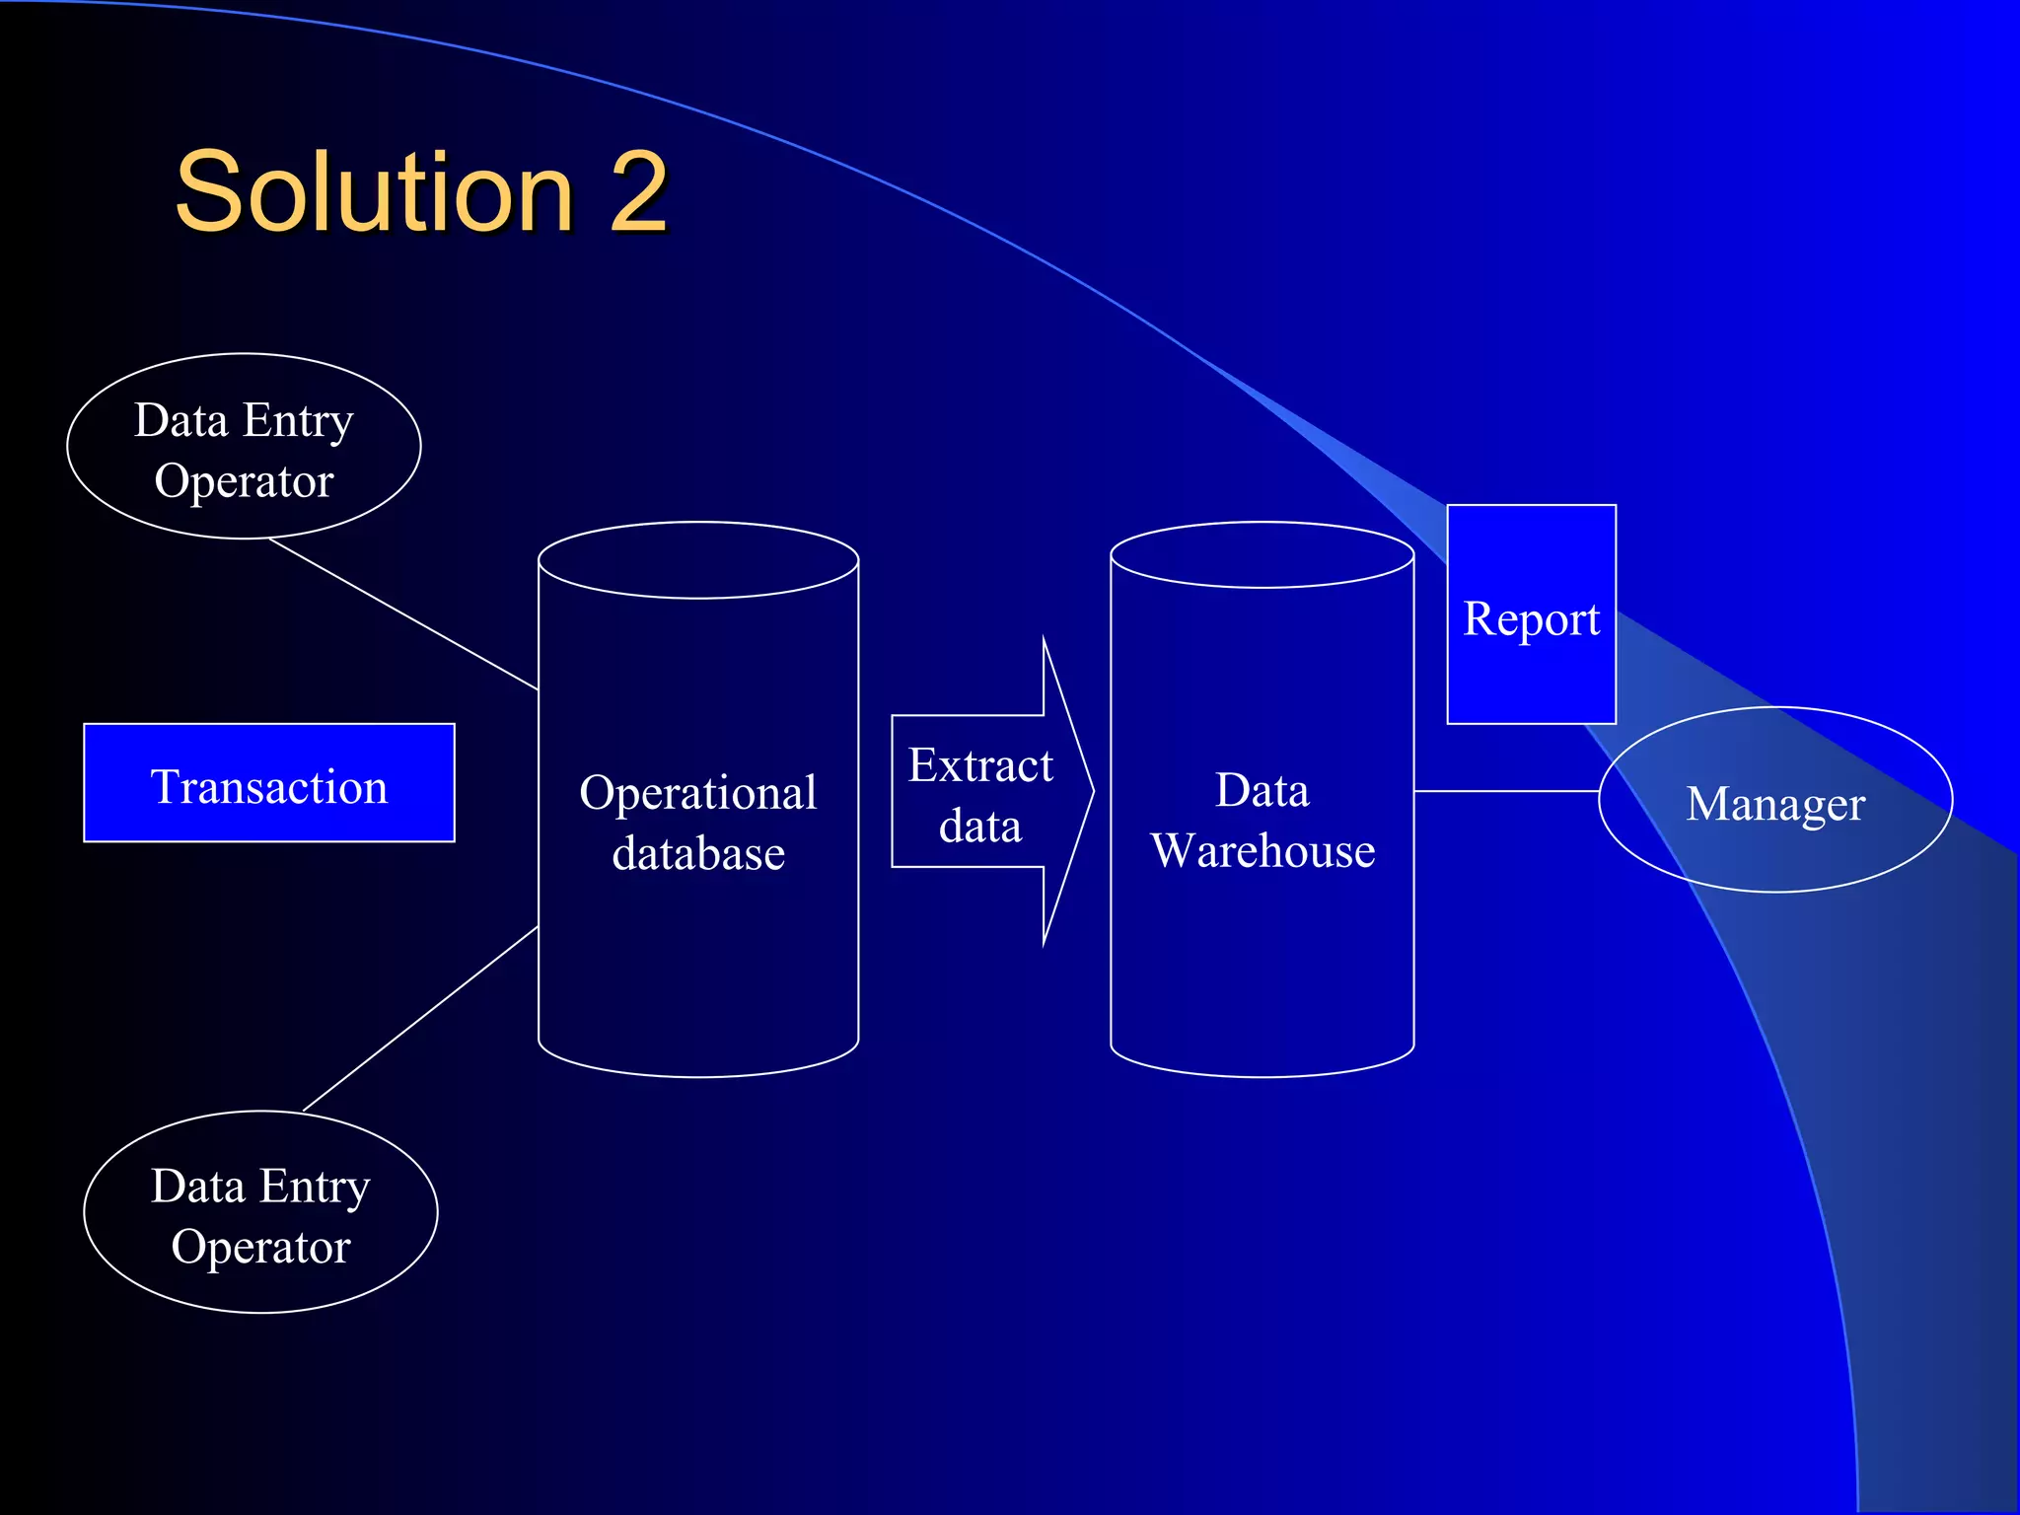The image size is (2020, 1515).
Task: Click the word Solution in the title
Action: click(x=375, y=192)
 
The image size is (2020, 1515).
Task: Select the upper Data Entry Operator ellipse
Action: click(x=244, y=447)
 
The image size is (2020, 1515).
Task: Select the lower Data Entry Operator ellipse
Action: click(x=260, y=1212)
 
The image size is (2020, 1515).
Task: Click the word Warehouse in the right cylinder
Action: click(x=1262, y=851)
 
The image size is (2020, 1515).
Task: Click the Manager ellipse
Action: click(x=1775, y=802)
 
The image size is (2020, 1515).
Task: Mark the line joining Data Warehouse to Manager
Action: click(x=1506, y=791)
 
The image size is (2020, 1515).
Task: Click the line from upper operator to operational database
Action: click(x=404, y=614)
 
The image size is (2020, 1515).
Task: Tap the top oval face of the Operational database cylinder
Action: click(x=697, y=560)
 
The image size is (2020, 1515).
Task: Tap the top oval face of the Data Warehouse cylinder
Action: click(x=1262, y=555)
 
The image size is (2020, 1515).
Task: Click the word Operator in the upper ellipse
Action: click(x=244, y=481)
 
